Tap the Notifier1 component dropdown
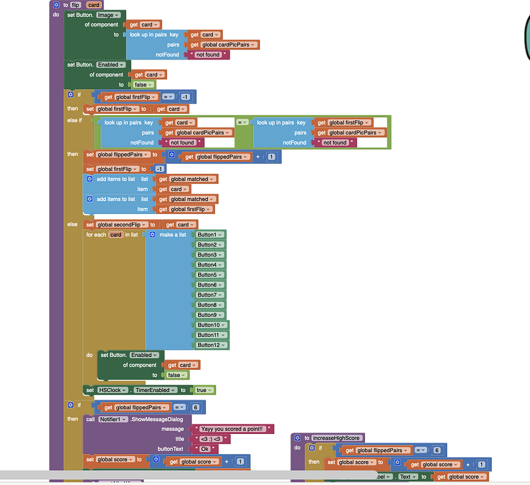[x=113, y=419]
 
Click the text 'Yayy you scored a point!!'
[x=231, y=429]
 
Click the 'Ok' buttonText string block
[x=204, y=449]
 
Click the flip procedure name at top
[x=75, y=5]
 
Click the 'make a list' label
[x=172, y=235]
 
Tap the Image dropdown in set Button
[x=108, y=14]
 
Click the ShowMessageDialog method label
[x=157, y=419]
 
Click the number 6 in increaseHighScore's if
[x=437, y=450]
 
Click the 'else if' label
[x=74, y=120]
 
